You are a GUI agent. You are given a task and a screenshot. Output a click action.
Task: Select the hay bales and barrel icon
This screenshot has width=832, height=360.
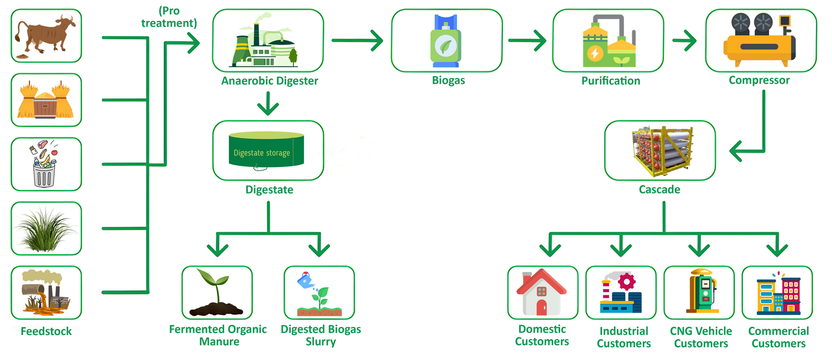(x=46, y=100)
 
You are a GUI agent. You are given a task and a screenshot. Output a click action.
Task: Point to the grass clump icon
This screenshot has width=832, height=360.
(x=46, y=229)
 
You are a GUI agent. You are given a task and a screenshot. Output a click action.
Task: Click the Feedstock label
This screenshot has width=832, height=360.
(x=46, y=331)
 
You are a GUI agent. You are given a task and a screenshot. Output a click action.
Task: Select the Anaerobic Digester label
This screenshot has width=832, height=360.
(x=269, y=81)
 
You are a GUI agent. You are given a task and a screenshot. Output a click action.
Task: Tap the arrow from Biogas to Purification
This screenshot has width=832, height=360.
(x=527, y=40)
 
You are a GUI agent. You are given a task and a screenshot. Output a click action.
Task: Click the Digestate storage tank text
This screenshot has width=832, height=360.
(x=262, y=153)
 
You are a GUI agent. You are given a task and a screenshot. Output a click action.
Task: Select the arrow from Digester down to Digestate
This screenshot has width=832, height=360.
(x=268, y=104)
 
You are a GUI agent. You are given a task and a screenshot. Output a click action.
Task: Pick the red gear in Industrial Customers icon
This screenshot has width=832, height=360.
(x=627, y=281)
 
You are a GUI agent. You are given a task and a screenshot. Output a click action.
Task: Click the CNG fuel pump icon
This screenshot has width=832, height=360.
(x=702, y=291)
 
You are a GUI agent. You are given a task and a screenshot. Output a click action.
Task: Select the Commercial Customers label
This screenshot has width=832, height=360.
(x=778, y=337)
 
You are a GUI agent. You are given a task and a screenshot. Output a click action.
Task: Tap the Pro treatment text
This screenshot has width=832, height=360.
(x=169, y=17)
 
